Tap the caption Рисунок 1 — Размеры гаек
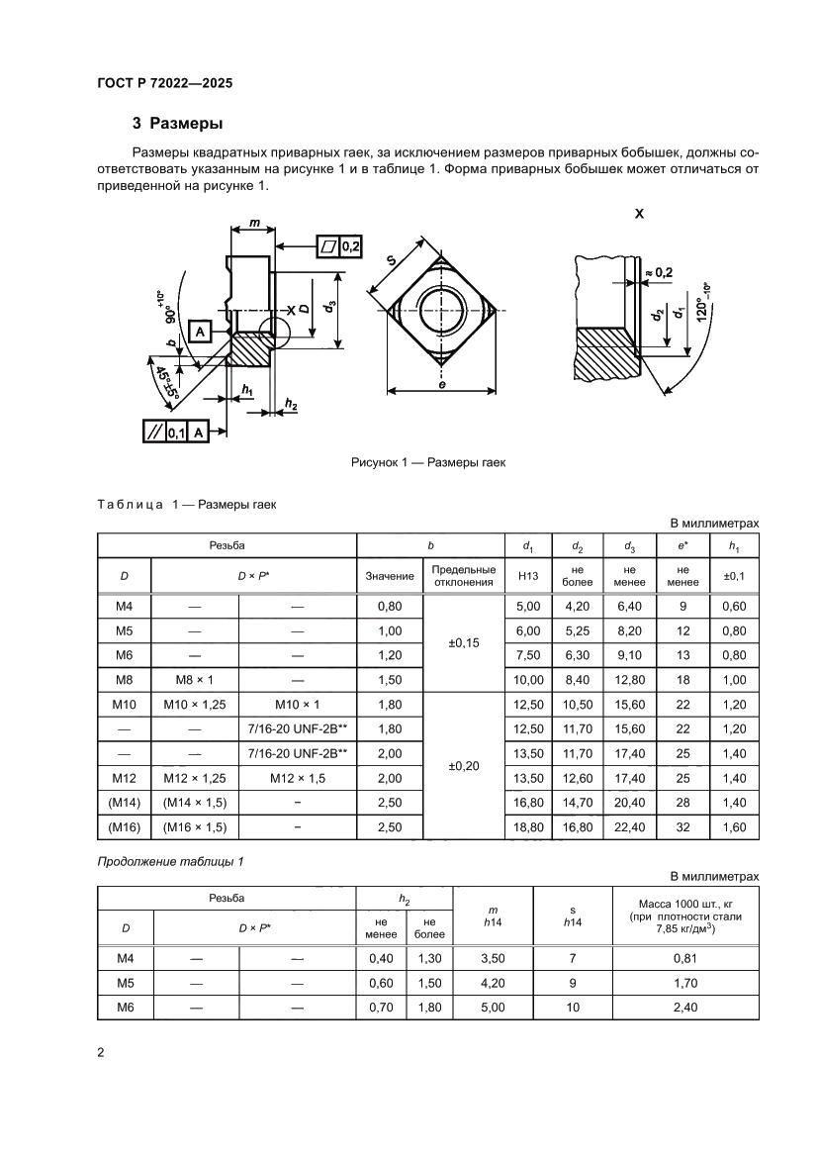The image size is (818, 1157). coord(428,461)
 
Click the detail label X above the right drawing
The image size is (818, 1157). coord(638,212)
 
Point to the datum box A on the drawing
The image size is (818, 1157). coord(199,332)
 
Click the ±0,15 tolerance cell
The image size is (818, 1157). coord(463,642)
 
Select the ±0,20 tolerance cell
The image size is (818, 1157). coord(463,765)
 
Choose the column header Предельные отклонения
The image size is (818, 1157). coord(463,576)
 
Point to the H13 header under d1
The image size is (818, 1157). coord(525,576)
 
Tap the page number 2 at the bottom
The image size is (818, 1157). coord(101,1052)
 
